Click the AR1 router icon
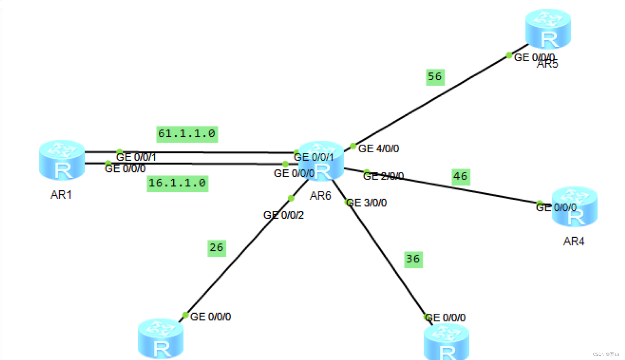click(62, 160)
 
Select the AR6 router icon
click(321, 161)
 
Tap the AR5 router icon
click(548, 29)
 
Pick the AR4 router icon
click(574, 207)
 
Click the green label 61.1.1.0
click(187, 134)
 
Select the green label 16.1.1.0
click(177, 183)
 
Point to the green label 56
click(435, 77)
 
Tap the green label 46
click(461, 177)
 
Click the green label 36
click(413, 259)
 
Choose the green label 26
click(216, 248)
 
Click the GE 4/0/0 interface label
click(379, 149)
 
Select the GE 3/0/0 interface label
click(367, 203)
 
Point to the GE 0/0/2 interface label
click(284, 215)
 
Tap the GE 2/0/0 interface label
click(384, 176)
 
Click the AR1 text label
click(61, 195)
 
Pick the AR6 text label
click(320, 196)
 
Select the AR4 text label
click(574, 242)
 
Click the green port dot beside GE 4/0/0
click(353, 146)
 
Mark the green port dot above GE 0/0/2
click(291, 198)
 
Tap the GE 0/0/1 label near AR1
click(136, 157)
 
